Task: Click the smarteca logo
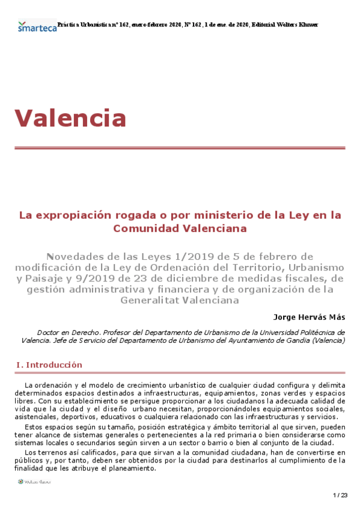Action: [37, 26]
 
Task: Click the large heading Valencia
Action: [70, 117]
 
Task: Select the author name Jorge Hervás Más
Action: [309, 316]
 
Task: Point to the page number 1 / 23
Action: [340, 495]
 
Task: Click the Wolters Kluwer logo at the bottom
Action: [35, 481]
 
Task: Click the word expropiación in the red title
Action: [75, 214]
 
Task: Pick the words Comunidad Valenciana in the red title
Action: [180, 229]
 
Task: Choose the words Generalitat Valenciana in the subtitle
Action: [180, 300]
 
